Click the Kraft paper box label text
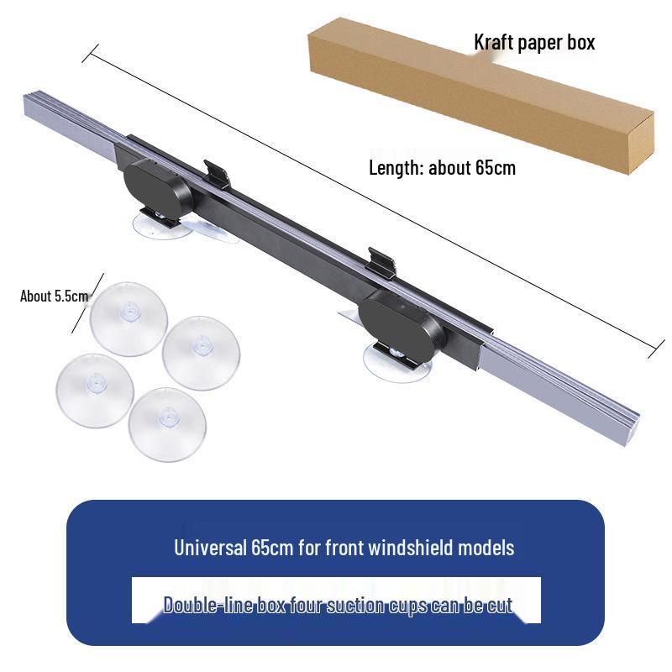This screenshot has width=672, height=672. [534, 43]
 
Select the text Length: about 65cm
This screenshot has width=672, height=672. [443, 167]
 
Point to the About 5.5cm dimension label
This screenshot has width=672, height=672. [54, 297]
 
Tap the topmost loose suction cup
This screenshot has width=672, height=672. [129, 319]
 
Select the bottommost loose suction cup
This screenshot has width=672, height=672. [167, 425]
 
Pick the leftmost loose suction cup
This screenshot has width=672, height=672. [95, 391]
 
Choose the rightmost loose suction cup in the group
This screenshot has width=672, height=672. [201, 353]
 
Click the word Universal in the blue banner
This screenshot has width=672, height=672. [210, 548]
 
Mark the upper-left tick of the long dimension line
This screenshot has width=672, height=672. [91, 53]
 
